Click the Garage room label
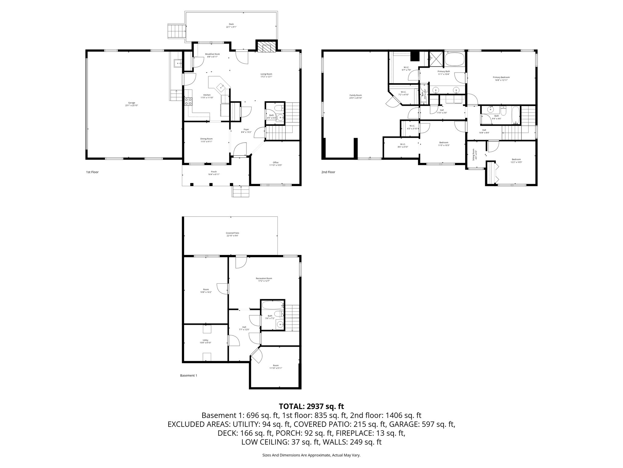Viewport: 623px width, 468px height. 131,104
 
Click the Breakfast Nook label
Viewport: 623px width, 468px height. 212,55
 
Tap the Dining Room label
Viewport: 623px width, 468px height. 206,140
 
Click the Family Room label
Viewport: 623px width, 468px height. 355,96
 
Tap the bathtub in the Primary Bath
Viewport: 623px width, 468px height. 454,59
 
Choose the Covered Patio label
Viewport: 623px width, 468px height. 232,234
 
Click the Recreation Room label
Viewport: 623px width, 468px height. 264,279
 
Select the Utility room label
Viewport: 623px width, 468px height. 205,341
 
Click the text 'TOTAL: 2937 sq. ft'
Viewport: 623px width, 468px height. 311,406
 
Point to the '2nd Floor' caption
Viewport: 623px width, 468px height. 328,172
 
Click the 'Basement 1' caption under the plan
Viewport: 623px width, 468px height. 188,376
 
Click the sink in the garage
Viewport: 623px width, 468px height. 177,63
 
